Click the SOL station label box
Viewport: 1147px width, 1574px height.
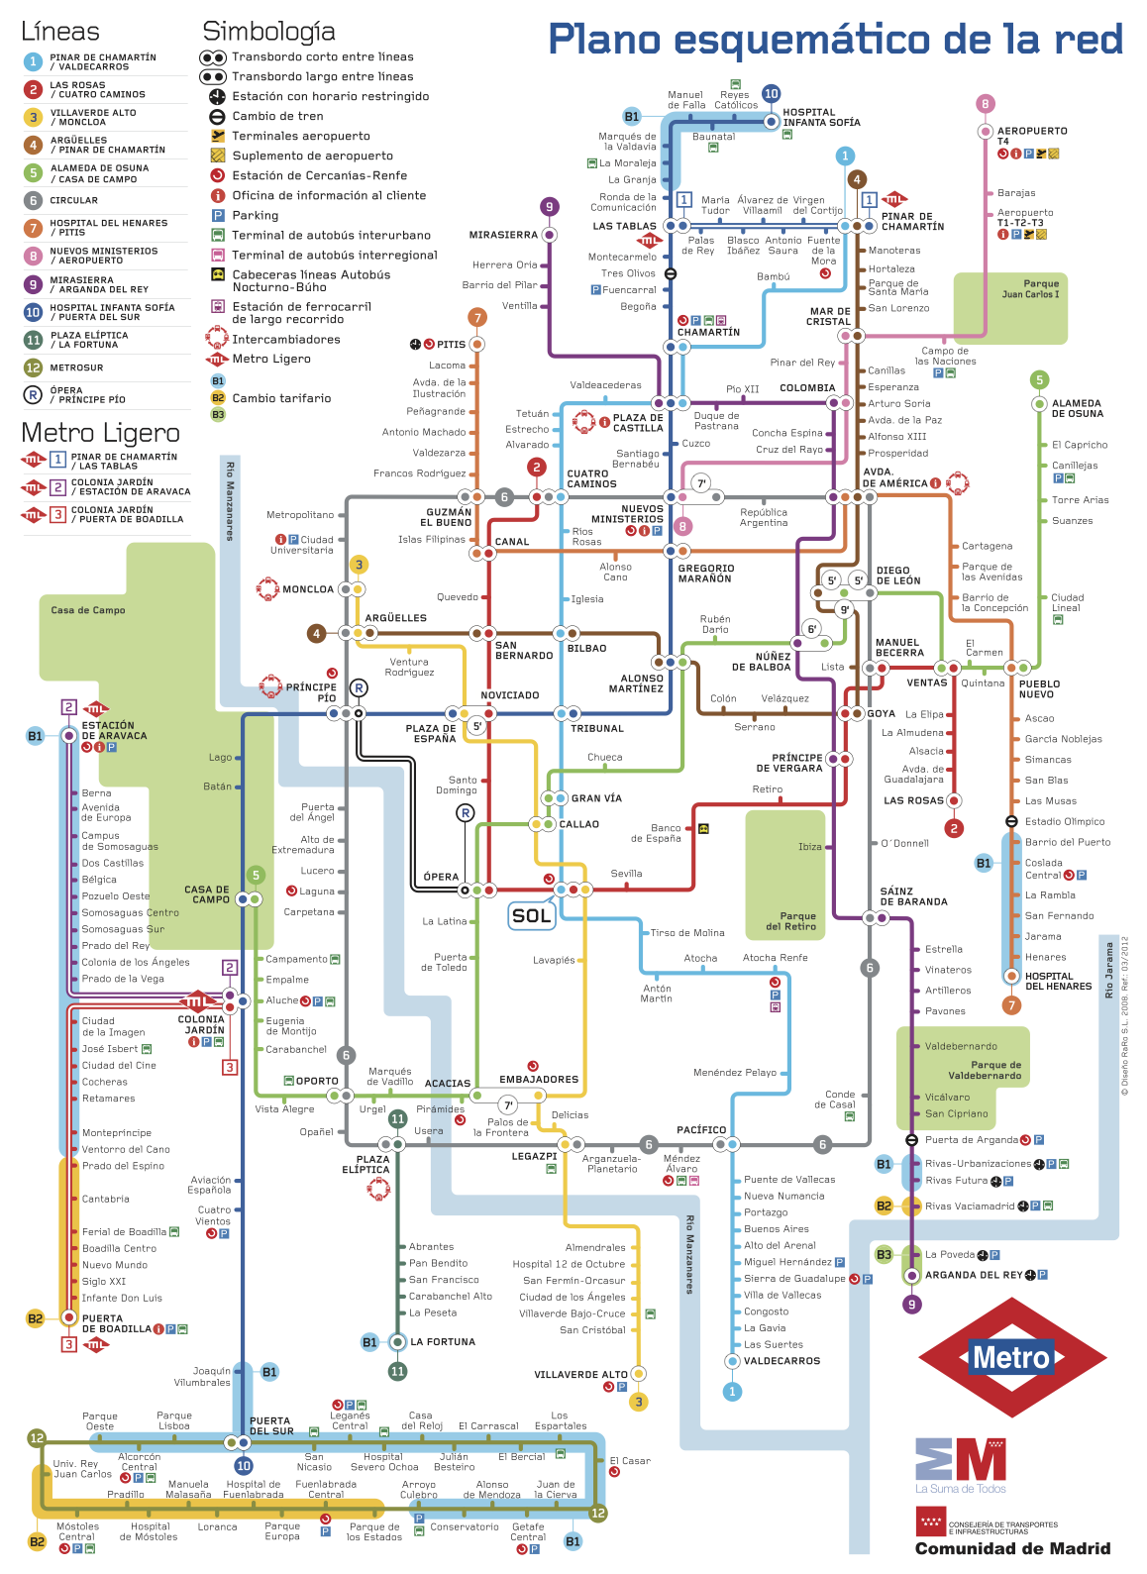point(531,915)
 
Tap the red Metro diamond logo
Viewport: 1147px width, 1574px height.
point(1011,1357)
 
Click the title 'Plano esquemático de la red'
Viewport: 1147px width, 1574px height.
point(835,39)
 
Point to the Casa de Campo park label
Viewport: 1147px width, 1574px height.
point(88,610)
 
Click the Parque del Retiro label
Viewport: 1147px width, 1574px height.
point(791,921)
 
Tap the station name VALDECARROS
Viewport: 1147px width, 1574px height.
point(782,1360)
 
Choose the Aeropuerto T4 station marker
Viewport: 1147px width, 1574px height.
point(986,132)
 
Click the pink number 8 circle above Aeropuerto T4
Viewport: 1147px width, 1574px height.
point(986,103)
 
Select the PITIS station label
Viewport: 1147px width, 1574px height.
point(451,345)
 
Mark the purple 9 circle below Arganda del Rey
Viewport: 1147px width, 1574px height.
point(911,1305)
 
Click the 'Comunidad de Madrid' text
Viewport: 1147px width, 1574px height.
point(1012,1548)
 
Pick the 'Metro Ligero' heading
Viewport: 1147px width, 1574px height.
point(100,432)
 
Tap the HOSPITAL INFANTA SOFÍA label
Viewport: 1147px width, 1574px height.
point(821,117)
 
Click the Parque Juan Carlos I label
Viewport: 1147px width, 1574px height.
point(1030,289)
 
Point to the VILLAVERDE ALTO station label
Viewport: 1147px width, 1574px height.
point(580,1375)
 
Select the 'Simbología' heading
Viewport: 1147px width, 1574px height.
point(268,33)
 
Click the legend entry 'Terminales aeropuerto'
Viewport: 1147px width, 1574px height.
point(301,136)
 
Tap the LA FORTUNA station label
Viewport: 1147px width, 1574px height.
point(443,1341)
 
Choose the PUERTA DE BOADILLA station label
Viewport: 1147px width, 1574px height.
point(117,1323)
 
